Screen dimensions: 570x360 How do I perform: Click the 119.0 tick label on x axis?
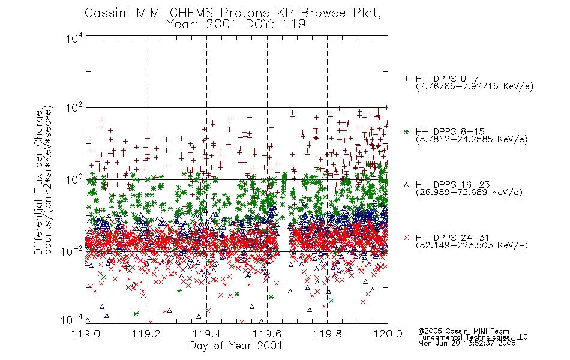point(86,334)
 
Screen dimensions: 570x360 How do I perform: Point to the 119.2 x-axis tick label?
point(146,334)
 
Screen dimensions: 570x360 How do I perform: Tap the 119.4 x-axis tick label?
point(206,334)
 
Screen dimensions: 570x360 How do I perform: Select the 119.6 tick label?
point(267,334)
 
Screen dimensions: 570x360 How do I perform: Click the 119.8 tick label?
point(327,334)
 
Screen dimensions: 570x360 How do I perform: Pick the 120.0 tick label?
point(388,334)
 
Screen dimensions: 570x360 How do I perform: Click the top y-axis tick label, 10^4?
point(74,38)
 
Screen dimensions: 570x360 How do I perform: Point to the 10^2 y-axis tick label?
point(74,107)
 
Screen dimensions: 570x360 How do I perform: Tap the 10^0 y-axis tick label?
point(74,179)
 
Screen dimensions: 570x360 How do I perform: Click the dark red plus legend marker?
point(406,79)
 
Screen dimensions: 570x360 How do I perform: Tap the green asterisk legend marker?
point(406,131)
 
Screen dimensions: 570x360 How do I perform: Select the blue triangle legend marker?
point(406,185)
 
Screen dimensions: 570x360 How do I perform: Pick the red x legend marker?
point(406,238)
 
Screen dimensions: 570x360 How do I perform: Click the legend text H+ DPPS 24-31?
point(452,238)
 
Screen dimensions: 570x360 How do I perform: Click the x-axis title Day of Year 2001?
point(236,346)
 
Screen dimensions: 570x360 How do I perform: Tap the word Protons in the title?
point(245,13)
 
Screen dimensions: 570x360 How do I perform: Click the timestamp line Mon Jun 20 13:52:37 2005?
point(467,343)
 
